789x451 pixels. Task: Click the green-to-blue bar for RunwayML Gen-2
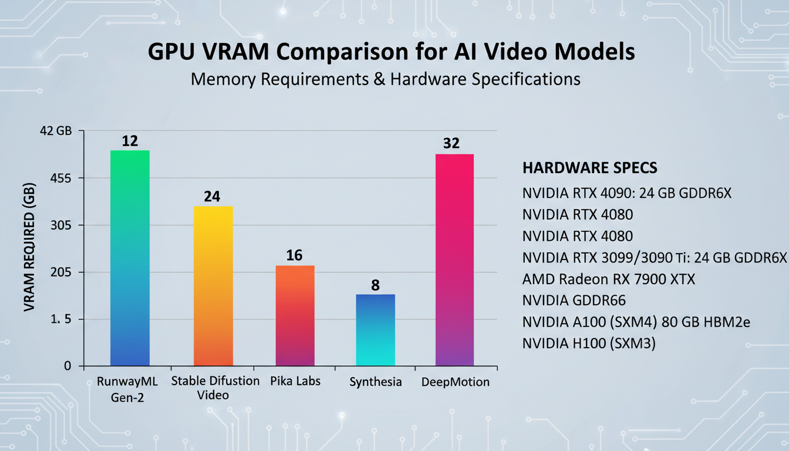pyautogui.click(x=130, y=258)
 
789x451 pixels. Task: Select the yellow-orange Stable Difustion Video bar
pyautogui.click(x=213, y=286)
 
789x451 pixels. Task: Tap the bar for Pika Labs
pyautogui.click(x=295, y=315)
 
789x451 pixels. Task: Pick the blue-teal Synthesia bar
pyautogui.click(x=376, y=330)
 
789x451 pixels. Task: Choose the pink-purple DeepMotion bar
pyautogui.click(x=454, y=260)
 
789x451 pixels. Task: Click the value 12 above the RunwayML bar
pyautogui.click(x=130, y=141)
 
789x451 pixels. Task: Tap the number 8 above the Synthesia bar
pyautogui.click(x=376, y=285)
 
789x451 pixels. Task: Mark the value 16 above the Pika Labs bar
pyautogui.click(x=294, y=255)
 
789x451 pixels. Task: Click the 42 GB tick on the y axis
pyautogui.click(x=55, y=131)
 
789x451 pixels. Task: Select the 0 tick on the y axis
pyautogui.click(x=67, y=366)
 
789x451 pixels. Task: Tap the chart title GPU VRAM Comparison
pyautogui.click(x=391, y=52)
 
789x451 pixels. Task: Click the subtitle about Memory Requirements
pyautogui.click(x=386, y=79)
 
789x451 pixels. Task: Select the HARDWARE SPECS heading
pyautogui.click(x=589, y=168)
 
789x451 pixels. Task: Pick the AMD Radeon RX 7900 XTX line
pyautogui.click(x=608, y=279)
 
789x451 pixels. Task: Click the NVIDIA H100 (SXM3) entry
pyautogui.click(x=588, y=344)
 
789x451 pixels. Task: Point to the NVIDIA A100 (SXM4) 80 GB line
pyautogui.click(x=636, y=322)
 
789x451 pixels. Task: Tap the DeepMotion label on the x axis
pyautogui.click(x=456, y=382)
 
